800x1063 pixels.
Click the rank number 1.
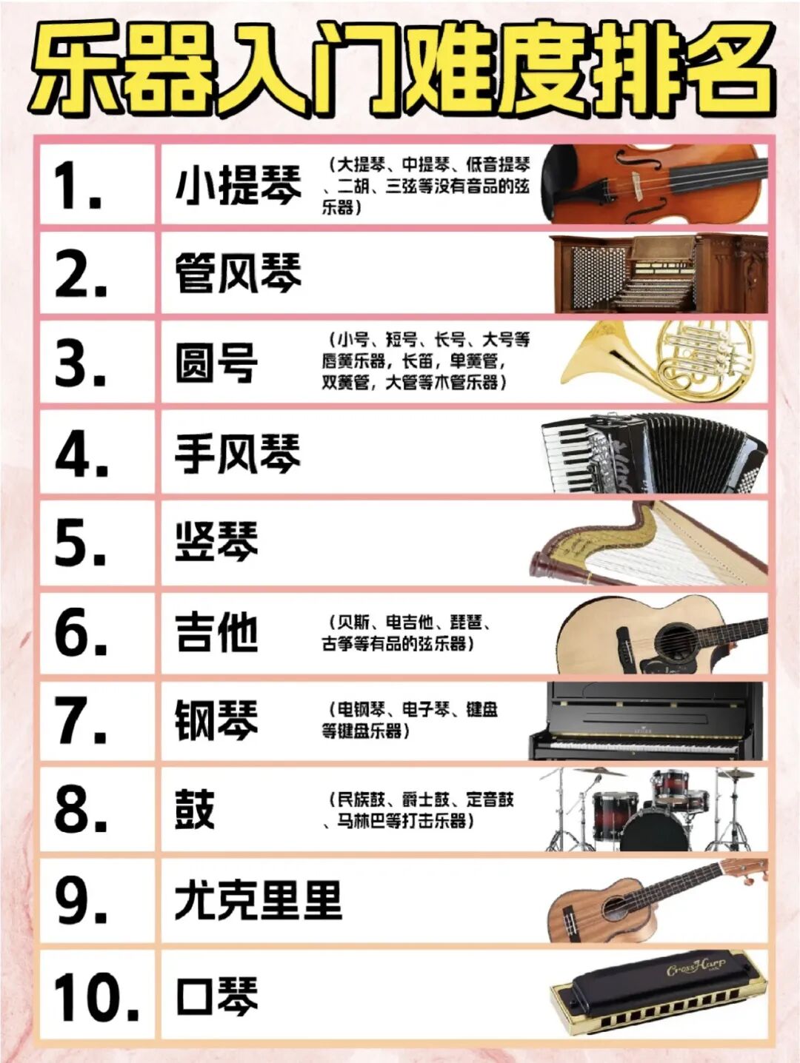77,185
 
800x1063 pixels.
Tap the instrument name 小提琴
239,185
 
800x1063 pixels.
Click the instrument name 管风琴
239,273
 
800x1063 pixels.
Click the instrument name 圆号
216,363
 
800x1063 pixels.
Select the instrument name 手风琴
239,453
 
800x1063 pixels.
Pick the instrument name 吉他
216,633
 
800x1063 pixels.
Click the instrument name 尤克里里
259,901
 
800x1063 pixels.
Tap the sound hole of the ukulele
617,908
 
